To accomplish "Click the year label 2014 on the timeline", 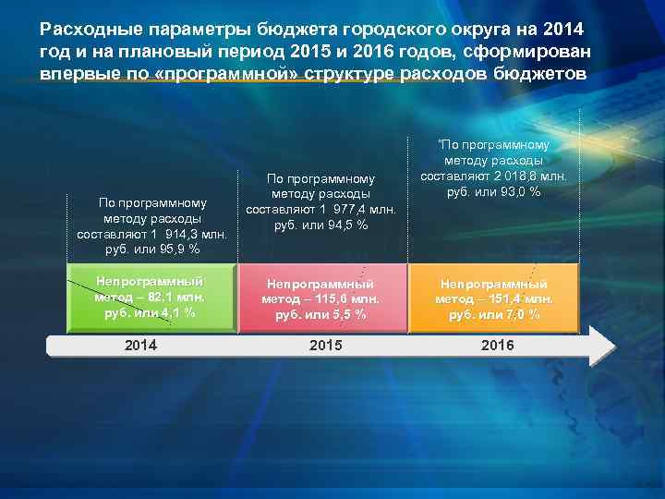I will pos(140,345).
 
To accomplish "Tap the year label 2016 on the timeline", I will pos(497,345).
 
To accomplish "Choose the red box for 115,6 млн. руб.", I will pos(320,297).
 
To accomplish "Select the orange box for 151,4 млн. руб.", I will pos(495,297).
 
